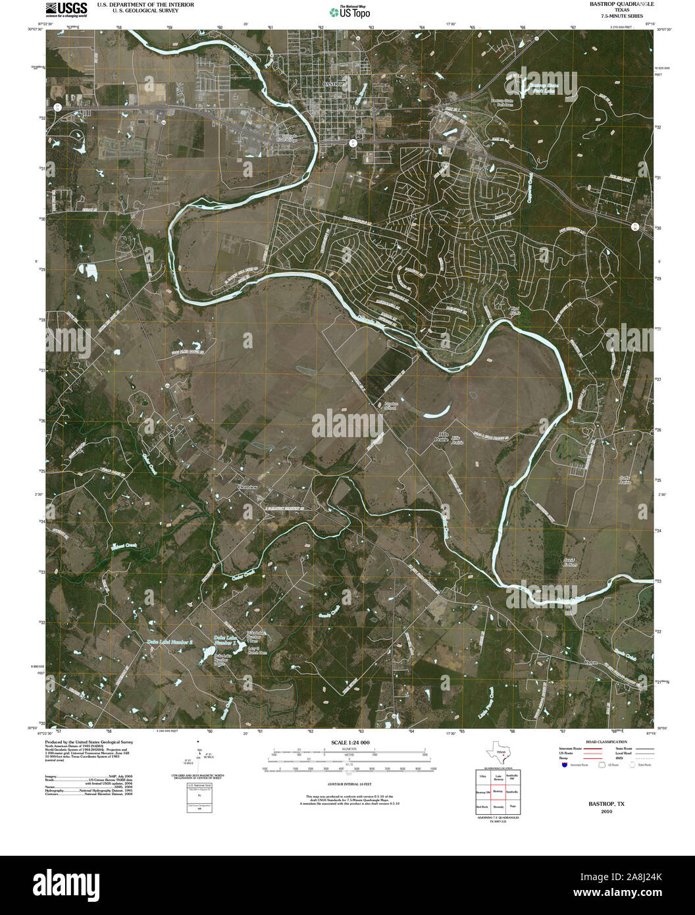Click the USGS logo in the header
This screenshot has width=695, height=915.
(66, 8)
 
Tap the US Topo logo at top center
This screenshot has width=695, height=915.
(350, 11)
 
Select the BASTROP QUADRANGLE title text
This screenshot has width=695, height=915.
(613, 4)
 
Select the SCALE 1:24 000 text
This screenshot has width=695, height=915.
(350, 742)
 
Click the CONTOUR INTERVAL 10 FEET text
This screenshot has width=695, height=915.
(350, 785)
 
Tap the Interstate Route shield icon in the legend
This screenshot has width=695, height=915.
(564, 765)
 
